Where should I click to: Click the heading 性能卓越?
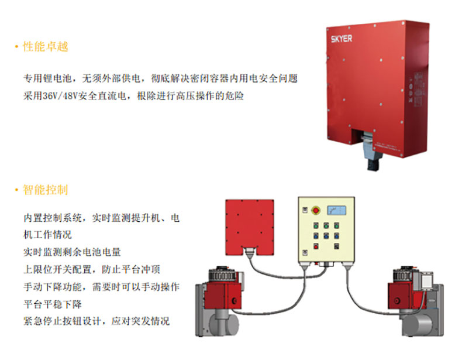[46, 47]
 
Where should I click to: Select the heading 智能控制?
[46, 190]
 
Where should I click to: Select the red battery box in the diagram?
[250, 222]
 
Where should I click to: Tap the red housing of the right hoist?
[404, 295]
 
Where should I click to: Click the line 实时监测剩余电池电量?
[72, 252]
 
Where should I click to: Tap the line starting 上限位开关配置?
[96, 270]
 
